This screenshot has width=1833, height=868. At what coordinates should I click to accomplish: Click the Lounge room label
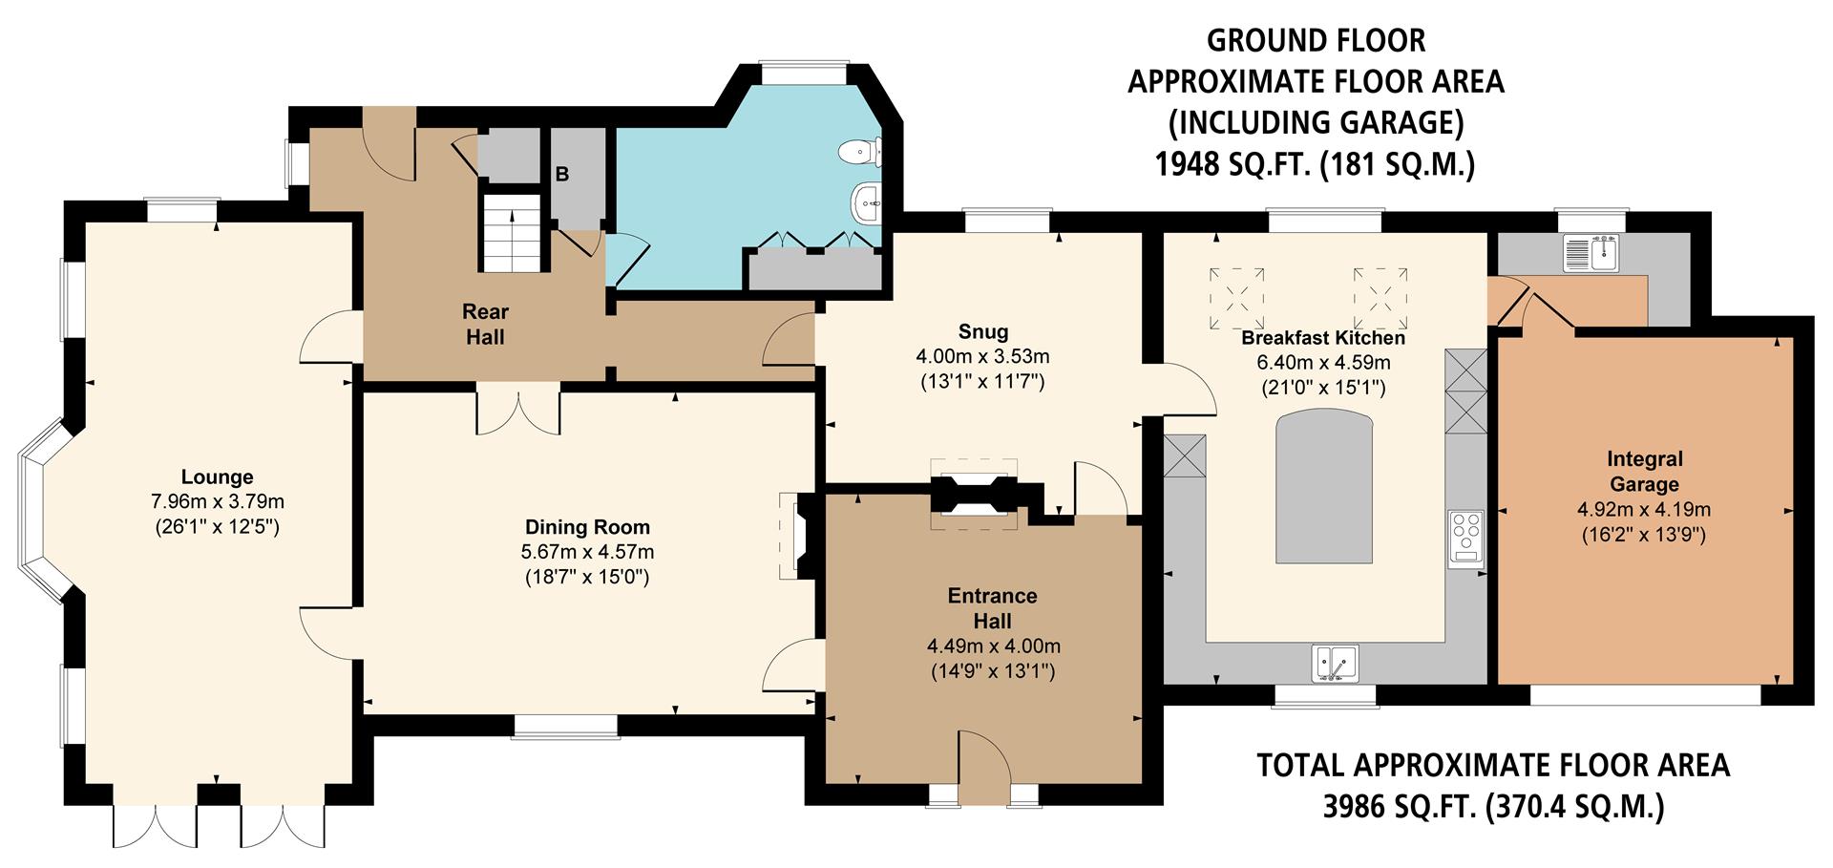tap(217, 476)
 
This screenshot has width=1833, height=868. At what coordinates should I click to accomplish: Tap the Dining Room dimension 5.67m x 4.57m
tap(587, 552)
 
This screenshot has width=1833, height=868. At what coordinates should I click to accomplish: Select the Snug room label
tap(982, 331)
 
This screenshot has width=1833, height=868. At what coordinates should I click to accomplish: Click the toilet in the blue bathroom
tap(858, 151)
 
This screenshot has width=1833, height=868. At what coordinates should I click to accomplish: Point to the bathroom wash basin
tap(867, 202)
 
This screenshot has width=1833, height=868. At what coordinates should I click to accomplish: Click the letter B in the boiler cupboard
tap(562, 175)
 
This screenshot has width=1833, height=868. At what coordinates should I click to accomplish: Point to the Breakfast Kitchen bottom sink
tap(1337, 662)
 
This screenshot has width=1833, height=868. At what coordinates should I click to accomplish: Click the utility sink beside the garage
tap(1590, 253)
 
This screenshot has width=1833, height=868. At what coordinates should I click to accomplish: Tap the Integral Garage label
tap(1644, 472)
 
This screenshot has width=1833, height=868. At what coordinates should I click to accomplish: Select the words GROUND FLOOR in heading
tap(1316, 41)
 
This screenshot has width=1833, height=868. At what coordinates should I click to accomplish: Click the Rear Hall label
tap(485, 324)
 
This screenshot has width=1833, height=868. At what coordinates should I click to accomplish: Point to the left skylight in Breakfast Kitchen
tap(1236, 297)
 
